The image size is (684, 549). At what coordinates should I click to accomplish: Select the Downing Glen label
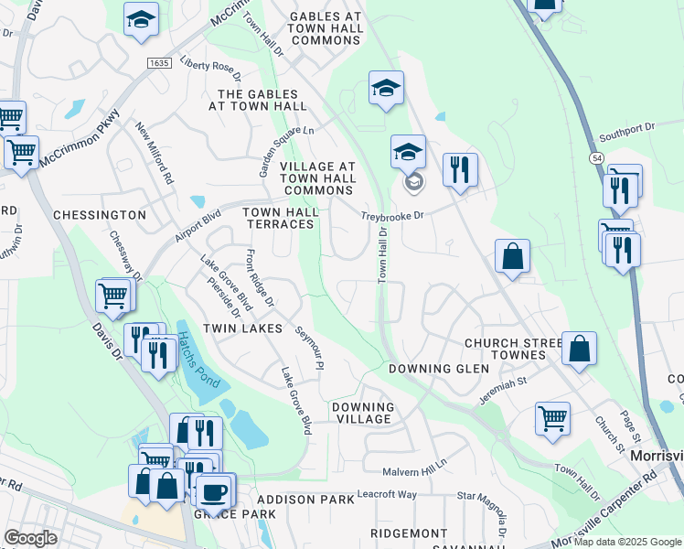click(x=439, y=369)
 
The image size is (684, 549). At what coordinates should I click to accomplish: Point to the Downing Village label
click(x=362, y=413)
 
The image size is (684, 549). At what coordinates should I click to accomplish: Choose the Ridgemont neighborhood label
click(x=410, y=533)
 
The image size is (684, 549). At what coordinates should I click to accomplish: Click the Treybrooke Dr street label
click(x=392, y=217)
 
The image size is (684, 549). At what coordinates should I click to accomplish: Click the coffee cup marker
click(x=216, y=490)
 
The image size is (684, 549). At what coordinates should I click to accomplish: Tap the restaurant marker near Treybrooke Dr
click(x=460, y=170)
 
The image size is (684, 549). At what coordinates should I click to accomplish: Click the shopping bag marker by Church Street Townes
click(x=579, y=350)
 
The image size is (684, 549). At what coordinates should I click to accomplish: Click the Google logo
click(x=30, y=537)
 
